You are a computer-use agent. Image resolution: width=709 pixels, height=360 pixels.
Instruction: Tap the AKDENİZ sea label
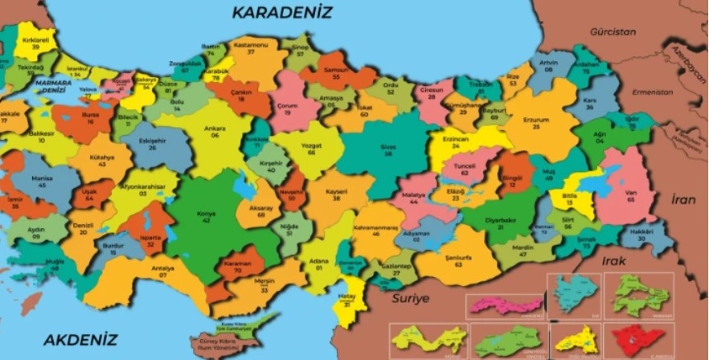80,340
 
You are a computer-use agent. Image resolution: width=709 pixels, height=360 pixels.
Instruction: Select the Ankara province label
215,132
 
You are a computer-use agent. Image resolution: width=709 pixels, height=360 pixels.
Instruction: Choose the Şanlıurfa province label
457,259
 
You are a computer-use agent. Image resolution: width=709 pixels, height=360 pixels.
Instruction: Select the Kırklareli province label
35,43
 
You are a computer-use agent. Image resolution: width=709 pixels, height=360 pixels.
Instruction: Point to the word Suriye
411,298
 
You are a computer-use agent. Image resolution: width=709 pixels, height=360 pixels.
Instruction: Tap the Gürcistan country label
612,32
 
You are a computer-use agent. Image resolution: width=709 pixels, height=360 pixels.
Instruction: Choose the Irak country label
613,261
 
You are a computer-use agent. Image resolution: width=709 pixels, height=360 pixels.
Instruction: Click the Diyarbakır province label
506,223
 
